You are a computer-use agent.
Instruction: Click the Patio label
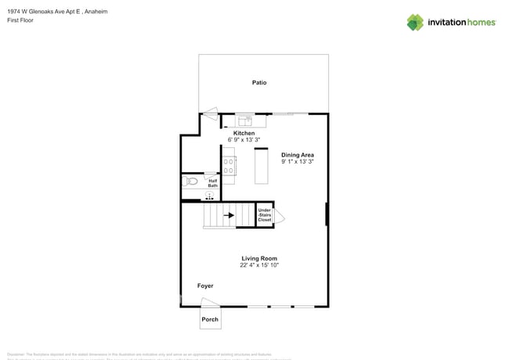pyautogui.click(x=259, y=82)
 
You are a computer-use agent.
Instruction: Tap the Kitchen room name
pyautogui.click(x=244, y=133)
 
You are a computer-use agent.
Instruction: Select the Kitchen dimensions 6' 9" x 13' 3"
pyautogui.click(x=244, y=139)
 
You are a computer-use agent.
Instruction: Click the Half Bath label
pyautogui.click(x=212, y=183)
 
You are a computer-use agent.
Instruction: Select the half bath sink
pyautogui.click(x=209, y=195)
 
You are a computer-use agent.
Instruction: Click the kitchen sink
pyautogui.click(x=244, y=121)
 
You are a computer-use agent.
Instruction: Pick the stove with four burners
pyautogui.click(x=229, y=165)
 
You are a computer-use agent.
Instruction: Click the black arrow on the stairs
pyautogui.click(x=229, y=214)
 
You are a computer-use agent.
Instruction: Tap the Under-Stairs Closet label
pyautogui.click(x=265, y=215)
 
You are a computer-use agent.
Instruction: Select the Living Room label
pyautogui.click(x=259, y=258)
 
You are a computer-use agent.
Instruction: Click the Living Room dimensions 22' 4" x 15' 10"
pyautogui.click(x=259, y=265)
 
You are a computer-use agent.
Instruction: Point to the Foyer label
pyautogui.click(x=205, y=286)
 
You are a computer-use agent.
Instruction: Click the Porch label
pyautogui.click(x=210, y=319)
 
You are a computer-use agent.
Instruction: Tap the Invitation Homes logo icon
pyautogui.click(x=414, y=23)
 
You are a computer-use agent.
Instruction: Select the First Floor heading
pyautogui.click(x=21, y=21)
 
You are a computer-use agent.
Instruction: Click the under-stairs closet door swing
pyautogui.click(x=279, y=218)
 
